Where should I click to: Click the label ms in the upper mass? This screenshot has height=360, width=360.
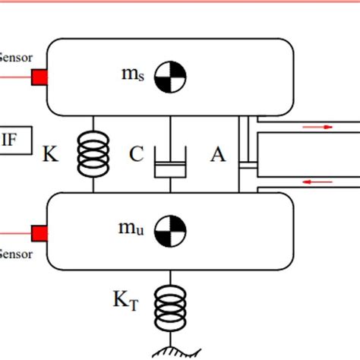131,74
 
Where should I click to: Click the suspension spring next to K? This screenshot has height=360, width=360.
93,154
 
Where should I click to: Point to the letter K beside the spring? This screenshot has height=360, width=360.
51,156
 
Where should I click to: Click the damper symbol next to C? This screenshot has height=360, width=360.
170,161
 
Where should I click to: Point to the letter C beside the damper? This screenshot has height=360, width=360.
137,156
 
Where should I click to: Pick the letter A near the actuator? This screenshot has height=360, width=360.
218,156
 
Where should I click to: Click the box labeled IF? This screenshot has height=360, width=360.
11,140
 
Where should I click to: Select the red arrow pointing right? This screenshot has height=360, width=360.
319,128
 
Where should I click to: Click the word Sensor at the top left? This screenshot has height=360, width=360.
15,56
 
